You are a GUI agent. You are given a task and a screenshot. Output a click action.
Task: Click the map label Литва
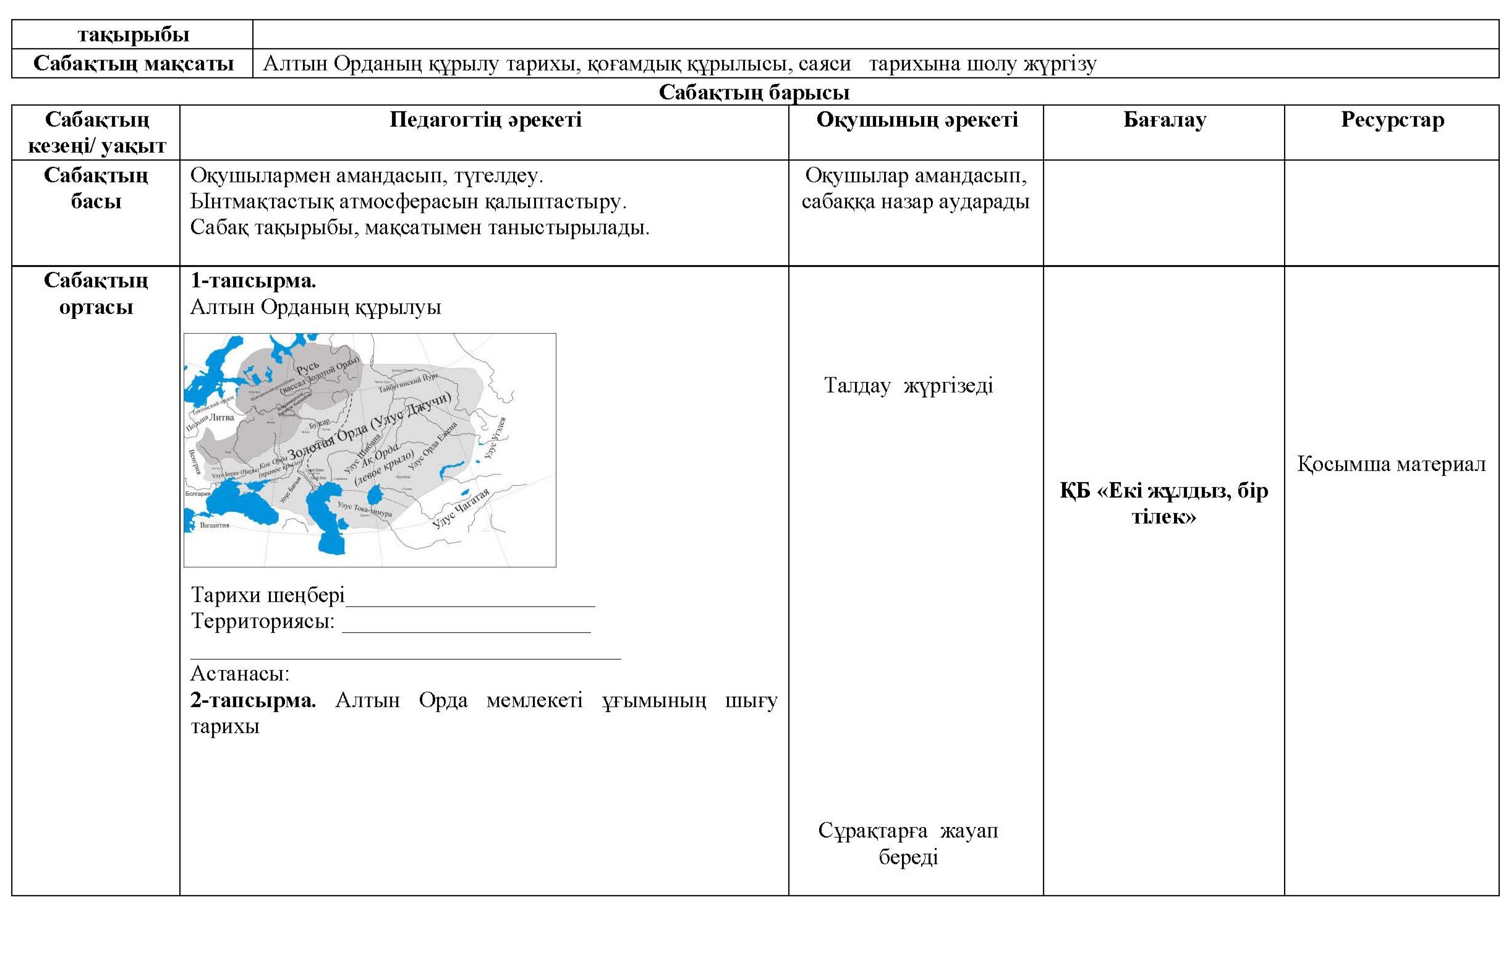coord(222,417)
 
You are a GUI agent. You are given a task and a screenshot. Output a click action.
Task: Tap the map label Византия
coord(215,525)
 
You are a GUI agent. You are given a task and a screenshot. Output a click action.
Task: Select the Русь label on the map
coord(308,368)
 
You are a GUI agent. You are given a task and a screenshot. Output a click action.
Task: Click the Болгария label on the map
coord(198,494)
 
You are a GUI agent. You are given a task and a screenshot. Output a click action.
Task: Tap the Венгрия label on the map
coord(196,462)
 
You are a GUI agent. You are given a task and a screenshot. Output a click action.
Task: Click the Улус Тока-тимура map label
coord(365,509)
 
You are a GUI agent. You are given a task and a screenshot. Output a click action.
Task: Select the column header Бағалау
coord(1164,120)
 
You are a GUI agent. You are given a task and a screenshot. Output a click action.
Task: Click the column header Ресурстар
coord(1392,120)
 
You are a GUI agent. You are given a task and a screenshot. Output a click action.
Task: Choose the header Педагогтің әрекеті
coord(485,120)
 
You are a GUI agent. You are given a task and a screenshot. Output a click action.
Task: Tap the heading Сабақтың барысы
coord(754,92)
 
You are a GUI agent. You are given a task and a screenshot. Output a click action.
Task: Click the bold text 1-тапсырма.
coord(253,281)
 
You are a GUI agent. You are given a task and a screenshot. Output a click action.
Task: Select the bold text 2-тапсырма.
coord(253,700)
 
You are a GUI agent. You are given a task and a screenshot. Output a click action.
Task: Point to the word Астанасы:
coord(240,674)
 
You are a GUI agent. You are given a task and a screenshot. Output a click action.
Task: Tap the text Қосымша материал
coord(1391,464)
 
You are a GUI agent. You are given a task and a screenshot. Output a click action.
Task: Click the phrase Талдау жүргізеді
coord(909,386)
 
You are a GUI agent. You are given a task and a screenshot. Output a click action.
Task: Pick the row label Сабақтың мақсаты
coord(133,64)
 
